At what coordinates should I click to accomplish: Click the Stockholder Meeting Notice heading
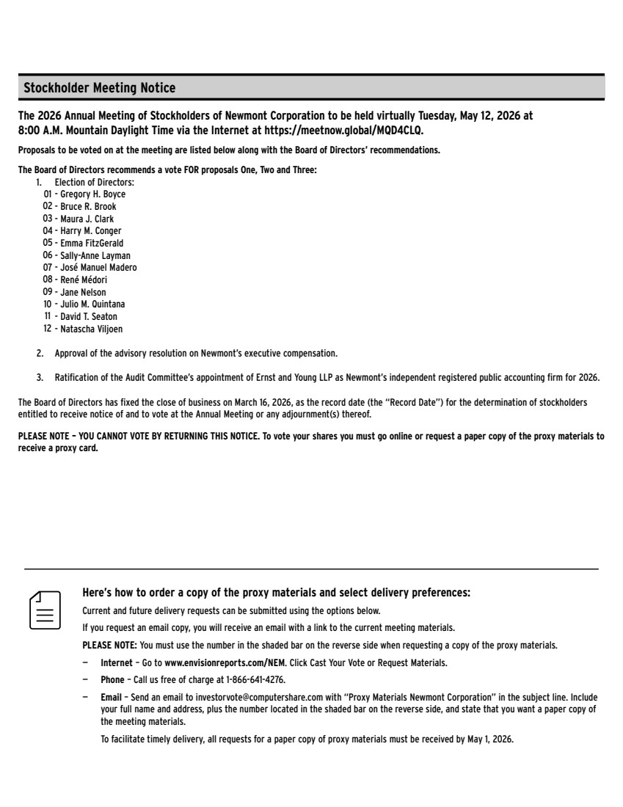(100, 89)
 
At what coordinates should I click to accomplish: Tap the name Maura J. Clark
(87, 219)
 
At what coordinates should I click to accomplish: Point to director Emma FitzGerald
(92, 243)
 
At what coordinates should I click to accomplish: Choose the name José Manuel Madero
(98, 267)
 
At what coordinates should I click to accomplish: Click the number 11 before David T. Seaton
(48, 316)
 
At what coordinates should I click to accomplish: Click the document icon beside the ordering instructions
(45, 610)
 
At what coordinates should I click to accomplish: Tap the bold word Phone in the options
(112, 679)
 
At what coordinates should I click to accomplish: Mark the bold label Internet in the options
(117, 662)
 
